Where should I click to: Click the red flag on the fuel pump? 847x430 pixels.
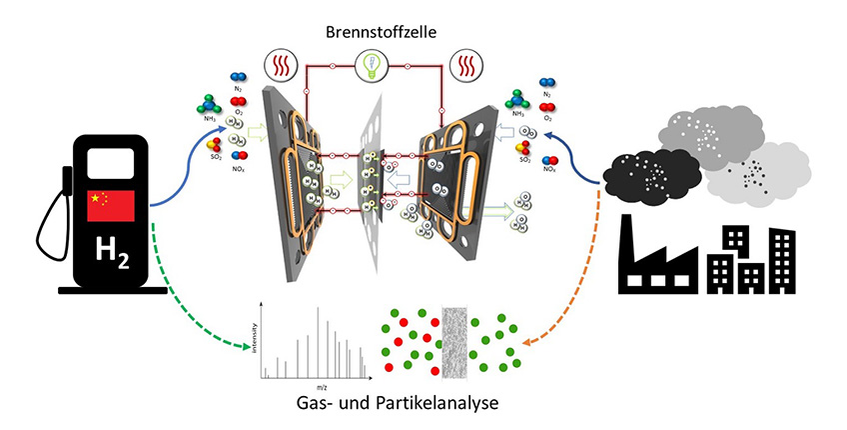tap(112, 206)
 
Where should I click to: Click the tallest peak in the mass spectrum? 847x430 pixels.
tap(319, 340)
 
